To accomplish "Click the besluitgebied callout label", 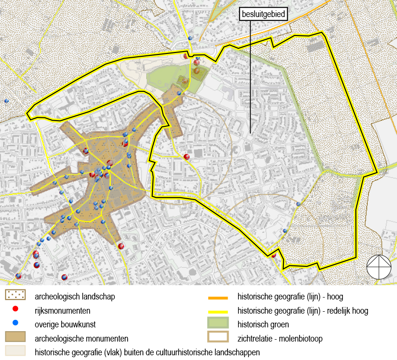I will click(x=264, y=14).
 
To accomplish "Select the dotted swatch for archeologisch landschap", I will click(x=15, y=295).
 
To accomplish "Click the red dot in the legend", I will click(x=15, y=309).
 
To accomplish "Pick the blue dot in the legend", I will click(x=15, y=324).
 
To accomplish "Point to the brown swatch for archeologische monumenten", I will click(x=15, y=337).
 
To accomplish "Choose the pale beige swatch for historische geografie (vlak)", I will click(x=15, y=351).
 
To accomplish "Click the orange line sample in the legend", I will click(x=218, y=298).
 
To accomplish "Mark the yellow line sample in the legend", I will click(x=218, y=312).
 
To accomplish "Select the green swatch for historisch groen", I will click(x=218, y=324).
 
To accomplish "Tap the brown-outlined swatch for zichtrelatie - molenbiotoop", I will click(x=218, y=337).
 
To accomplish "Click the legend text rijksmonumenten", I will click(x=62, y=311).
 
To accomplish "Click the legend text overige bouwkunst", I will click(x=65, y=325).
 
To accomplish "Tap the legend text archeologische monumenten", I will click(x=81, y=339).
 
